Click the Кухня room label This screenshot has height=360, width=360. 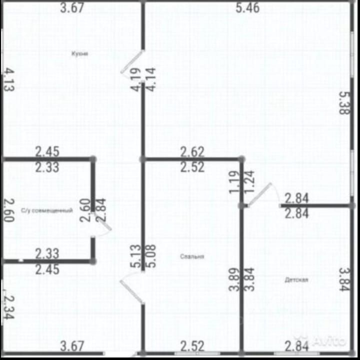(79, 53)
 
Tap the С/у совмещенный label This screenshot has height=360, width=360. (47, 211)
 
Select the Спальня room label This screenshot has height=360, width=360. (192, 257)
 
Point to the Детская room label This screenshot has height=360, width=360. (296, 280)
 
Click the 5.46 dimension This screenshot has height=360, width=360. (247, 8)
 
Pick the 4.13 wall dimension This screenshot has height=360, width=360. (9, 80)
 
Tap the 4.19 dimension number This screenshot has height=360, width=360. (136, 80)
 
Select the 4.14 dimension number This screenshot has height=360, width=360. (150, 79)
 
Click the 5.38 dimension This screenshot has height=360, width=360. (344, 102)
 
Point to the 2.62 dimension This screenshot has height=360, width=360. (192, 151)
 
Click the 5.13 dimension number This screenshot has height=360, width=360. (135, 256)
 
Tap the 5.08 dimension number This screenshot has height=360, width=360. (149, 256)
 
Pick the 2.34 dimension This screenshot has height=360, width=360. (8, 306)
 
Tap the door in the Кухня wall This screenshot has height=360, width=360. (132, 63)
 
